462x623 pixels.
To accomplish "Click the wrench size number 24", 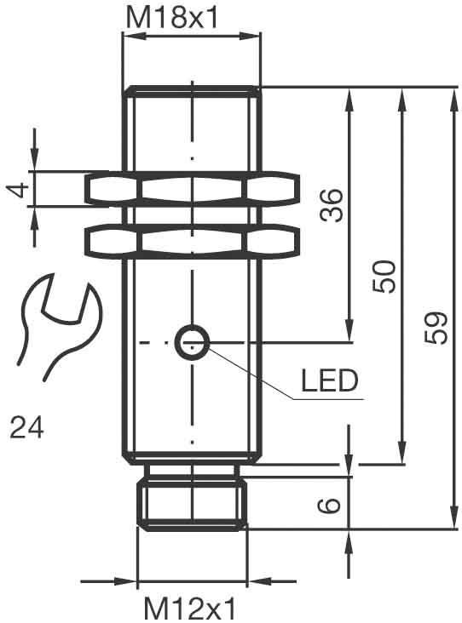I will coord(27,426).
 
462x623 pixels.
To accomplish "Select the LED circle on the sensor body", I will coord(192,342).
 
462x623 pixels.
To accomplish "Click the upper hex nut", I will coord(193,190).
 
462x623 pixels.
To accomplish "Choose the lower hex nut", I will coord(193,241).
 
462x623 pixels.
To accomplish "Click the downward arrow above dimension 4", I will coord(35,163).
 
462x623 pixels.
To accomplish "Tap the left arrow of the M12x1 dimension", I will coord(128,583).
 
